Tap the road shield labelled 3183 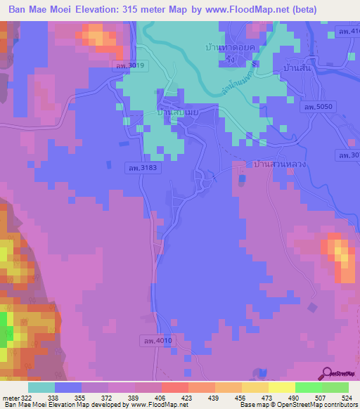pos(141,168)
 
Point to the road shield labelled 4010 pos(155,340)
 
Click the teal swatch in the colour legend pos(41,387)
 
